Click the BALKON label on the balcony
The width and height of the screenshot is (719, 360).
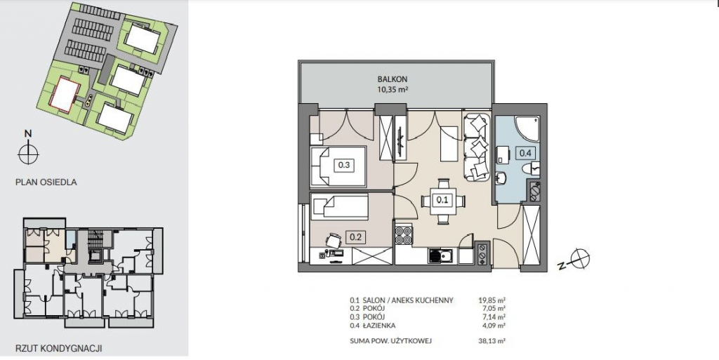pyautogui.click(x=393, y=79)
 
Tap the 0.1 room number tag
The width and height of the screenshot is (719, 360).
pyautogui.click(x=442, y=200)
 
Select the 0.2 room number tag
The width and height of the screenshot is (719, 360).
pyautogui.click(x=356, y=237)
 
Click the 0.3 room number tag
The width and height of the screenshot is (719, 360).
pyautogui.click(x=343, y=165)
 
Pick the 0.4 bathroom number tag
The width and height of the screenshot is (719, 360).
pyautogui.click(x=525, y=153)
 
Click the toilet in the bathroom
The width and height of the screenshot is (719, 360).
pyautogui.click(x=534, y=169)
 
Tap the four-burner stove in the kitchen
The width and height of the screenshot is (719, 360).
pyautogui.click(x=403, y=235)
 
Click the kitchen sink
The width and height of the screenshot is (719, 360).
pyautogui.click(x=441, y=255)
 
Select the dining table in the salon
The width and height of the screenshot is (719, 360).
pyautogui.click(x=442, y=201)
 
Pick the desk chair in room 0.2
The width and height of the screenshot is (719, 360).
pyautogui.click(x=334, y=239)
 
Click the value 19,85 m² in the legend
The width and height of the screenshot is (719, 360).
pyautogui.click(x=492, y=300)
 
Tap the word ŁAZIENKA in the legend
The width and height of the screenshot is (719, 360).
pyautogui.click(x=378, y=326)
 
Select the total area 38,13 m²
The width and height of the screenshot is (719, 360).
pyautogui.click(x=492, y=341)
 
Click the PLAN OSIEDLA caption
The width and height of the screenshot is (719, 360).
pyautogui.click(x=46, y=182)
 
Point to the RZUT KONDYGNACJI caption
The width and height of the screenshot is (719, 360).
pyautogui.click(x=58, y=349)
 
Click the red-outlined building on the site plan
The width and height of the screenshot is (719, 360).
pyautogui.click(x=64, y=94)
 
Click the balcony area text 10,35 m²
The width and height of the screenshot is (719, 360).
pyautogui.click(x=393, y=90)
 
